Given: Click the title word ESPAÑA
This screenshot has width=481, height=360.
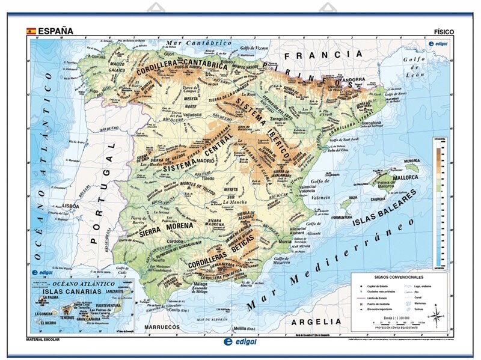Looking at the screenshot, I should click(x=55, y=31).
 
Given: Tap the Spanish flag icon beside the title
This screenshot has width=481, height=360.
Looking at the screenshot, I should click(x=30, y=31).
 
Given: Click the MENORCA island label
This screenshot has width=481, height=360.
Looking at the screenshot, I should click(x=411, y=161).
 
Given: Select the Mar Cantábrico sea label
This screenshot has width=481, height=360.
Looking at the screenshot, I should click(x=199, y=43).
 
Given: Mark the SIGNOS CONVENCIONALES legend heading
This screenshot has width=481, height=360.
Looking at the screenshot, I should click(x=398, y=278).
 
